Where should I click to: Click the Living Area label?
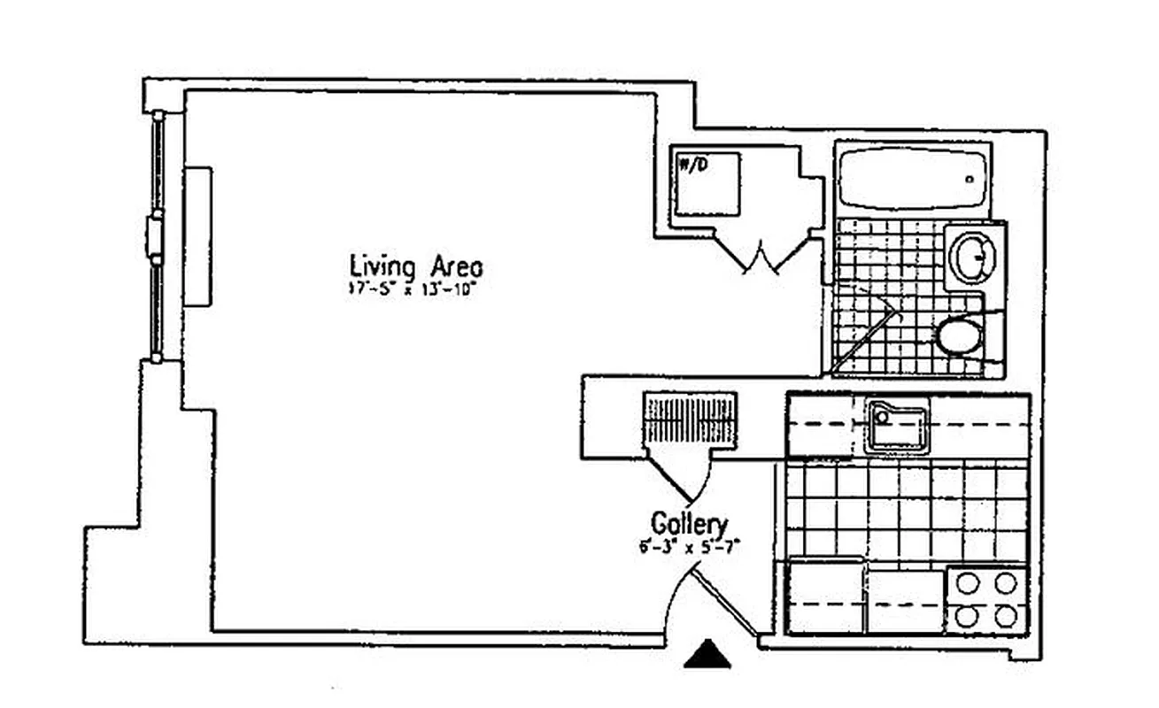click(415, 265)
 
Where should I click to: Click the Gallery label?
click(689, 523)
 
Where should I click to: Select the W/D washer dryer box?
click(706, 183)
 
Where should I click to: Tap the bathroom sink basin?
click(972, 256)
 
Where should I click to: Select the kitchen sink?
click(897, 427)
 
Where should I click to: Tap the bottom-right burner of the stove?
click(1005, 614)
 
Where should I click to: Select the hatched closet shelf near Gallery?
click(691, 419)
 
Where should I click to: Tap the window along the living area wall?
click(157, 237)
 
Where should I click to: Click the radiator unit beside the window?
click(197, 236)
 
